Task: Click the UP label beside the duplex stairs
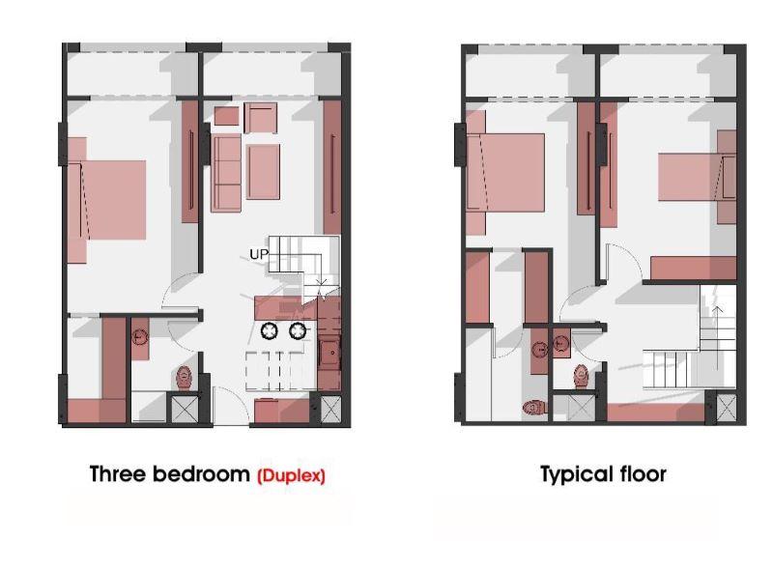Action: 259,254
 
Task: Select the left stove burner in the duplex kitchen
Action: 270,330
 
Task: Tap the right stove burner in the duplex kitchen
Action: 298,330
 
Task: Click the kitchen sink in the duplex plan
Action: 329,353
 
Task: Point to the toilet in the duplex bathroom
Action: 184,377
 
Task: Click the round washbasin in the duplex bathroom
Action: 140,337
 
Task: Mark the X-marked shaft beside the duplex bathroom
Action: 184,408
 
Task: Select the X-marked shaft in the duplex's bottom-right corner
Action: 330,409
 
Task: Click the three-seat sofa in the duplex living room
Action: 227,174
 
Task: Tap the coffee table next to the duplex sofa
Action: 263,172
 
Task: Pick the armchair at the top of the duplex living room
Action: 260,118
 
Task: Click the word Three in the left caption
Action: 118,473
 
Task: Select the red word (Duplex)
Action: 292,475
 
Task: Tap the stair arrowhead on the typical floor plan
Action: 717,310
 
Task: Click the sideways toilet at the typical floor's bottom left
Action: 534,408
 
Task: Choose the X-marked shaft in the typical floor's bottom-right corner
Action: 727,409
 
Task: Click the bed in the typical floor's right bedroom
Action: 697,177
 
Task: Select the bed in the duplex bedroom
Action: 106,200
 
